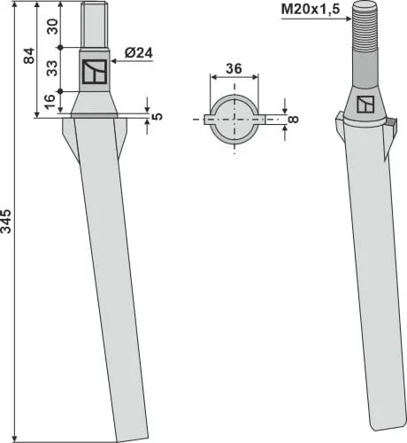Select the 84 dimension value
(x=29, y=58)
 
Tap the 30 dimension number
(x=53, y=26)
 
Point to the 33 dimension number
(x=53, y=68)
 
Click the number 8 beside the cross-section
(x=294, y=118)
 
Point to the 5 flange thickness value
(x=157, y=114)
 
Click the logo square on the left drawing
(x=94, y=73)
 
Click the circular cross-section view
(x=234, y=119)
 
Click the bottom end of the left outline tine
(x=118, y=434)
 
